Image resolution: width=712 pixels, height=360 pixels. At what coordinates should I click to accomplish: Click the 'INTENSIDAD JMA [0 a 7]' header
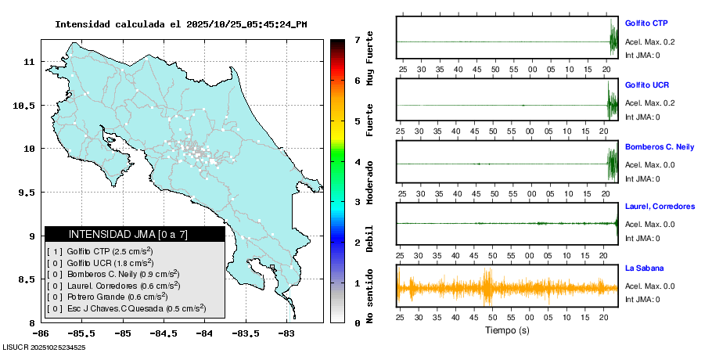pyautogui.click(x=128, y=234)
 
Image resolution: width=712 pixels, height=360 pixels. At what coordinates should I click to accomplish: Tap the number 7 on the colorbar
pyautogui.click(x=357, y=39)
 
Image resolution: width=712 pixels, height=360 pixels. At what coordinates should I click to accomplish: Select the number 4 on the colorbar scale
pyautogui.click(x=357, y=162)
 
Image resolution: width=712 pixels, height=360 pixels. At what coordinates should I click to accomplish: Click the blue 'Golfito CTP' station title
pyautogui.click(x=646, y=23)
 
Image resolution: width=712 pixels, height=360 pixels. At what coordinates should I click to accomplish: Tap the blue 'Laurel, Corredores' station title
pyautogui.click(x=660, y=207)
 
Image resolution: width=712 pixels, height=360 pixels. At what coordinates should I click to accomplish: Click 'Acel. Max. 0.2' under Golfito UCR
pyautogui.click(x=649, y=103)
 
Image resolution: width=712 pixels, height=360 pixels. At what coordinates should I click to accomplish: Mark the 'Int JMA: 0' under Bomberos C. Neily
pyautogui.click(x=642, y=178)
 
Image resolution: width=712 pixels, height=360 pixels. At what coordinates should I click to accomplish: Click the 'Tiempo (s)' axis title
pyautogui.click(x=506, y=330)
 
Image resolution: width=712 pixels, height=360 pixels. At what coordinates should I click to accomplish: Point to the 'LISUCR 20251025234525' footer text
pyautogui.click(x=44, y=347)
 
